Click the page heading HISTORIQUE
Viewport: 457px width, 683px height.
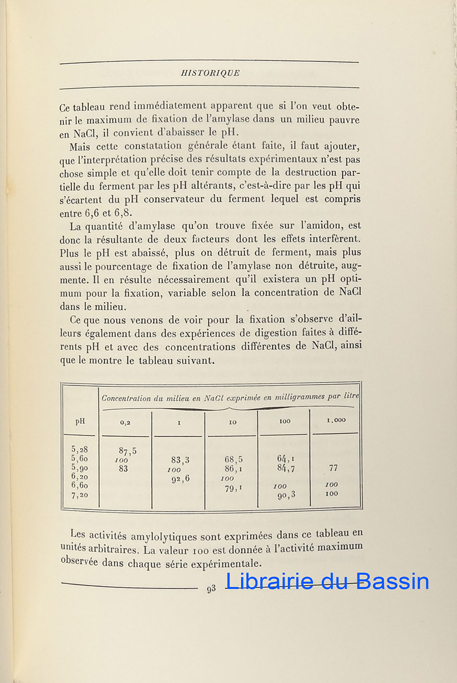pos(209,73)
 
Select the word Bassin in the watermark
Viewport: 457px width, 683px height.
pos(395,581)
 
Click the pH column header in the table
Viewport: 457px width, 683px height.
pos(80,422)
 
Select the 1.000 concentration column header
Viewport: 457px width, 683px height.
pos(335,420)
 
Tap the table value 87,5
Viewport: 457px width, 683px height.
pos(127,451)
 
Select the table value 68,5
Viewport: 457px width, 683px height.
pos(233,459)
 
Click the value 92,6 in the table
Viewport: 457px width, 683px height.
pos(179,479)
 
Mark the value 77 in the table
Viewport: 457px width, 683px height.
pos(333,468)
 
